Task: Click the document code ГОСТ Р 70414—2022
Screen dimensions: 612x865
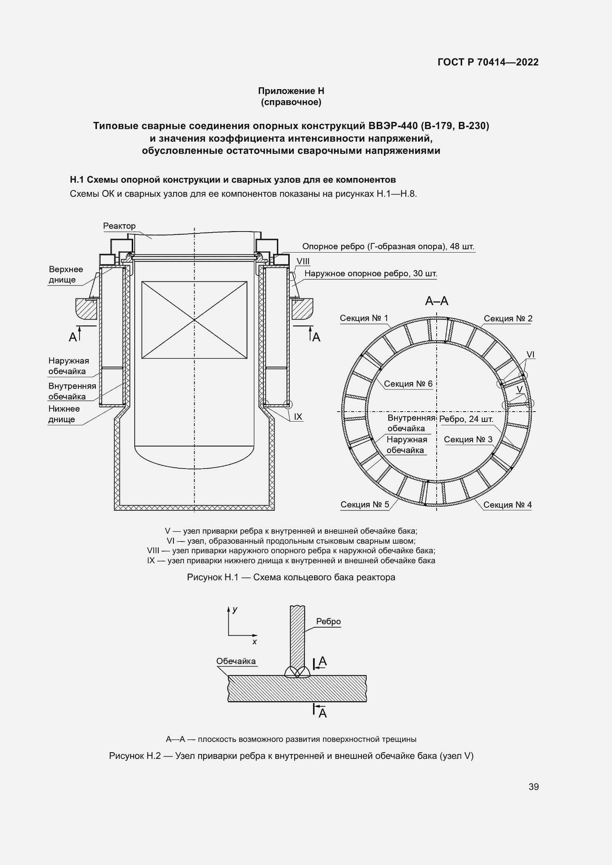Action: click(x=488, y=62)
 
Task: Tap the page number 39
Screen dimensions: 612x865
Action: click(x=533, y=786)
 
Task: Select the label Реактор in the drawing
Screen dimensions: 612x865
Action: click(x=119, y=226)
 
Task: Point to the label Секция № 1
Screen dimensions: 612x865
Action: click(x=364, y=318)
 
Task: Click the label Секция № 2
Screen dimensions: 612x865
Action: click(x=508, y=318)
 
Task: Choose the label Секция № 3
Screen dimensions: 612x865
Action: click(x=468, y=439)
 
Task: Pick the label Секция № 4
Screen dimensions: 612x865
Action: click(x=507, y=504)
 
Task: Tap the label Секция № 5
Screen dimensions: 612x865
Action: click(x=364, y=504)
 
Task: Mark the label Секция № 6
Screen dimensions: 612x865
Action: click(x=408, y=383)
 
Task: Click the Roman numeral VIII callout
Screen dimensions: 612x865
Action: click(x=303, y=261)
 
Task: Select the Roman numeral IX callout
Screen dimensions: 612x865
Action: click(x=298, y=417)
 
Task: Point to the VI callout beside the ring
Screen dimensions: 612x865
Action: click(x=530, y=355)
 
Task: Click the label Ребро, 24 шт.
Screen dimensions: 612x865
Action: click(x=466, y=419)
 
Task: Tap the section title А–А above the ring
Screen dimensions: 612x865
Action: click(x=436, y=301)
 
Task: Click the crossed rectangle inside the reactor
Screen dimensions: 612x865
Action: click(x=194, y=320)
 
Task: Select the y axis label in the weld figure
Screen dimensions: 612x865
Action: click(x=235, y=609)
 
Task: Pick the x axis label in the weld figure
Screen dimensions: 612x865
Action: click(x=254, y=642)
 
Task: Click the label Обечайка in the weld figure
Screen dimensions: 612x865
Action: click(x=236, y=661)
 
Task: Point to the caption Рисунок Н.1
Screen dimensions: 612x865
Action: click(x=291, y=577)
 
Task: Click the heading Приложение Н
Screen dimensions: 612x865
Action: click(x=291, y=91)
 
